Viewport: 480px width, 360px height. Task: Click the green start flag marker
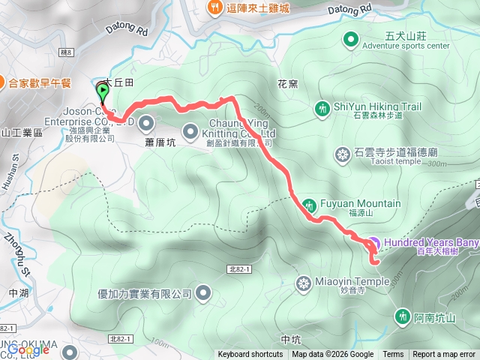[x=102, y=92]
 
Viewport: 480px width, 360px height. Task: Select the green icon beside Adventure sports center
[x=350, y=39]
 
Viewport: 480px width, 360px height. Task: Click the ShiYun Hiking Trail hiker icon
[x=322, y=109]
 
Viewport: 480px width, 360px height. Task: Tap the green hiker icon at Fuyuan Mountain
[x=310, y=204]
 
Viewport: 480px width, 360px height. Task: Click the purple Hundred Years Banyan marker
[x=373, y=244]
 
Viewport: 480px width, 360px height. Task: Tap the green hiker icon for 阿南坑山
[x=403, y=316]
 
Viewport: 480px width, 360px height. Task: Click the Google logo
[x=28, y=349]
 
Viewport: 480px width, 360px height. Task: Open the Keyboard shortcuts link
[x=250, y=355]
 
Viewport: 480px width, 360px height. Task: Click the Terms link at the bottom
[x=393, y=355]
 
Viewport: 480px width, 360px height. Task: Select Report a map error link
[x=444, y=355]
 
